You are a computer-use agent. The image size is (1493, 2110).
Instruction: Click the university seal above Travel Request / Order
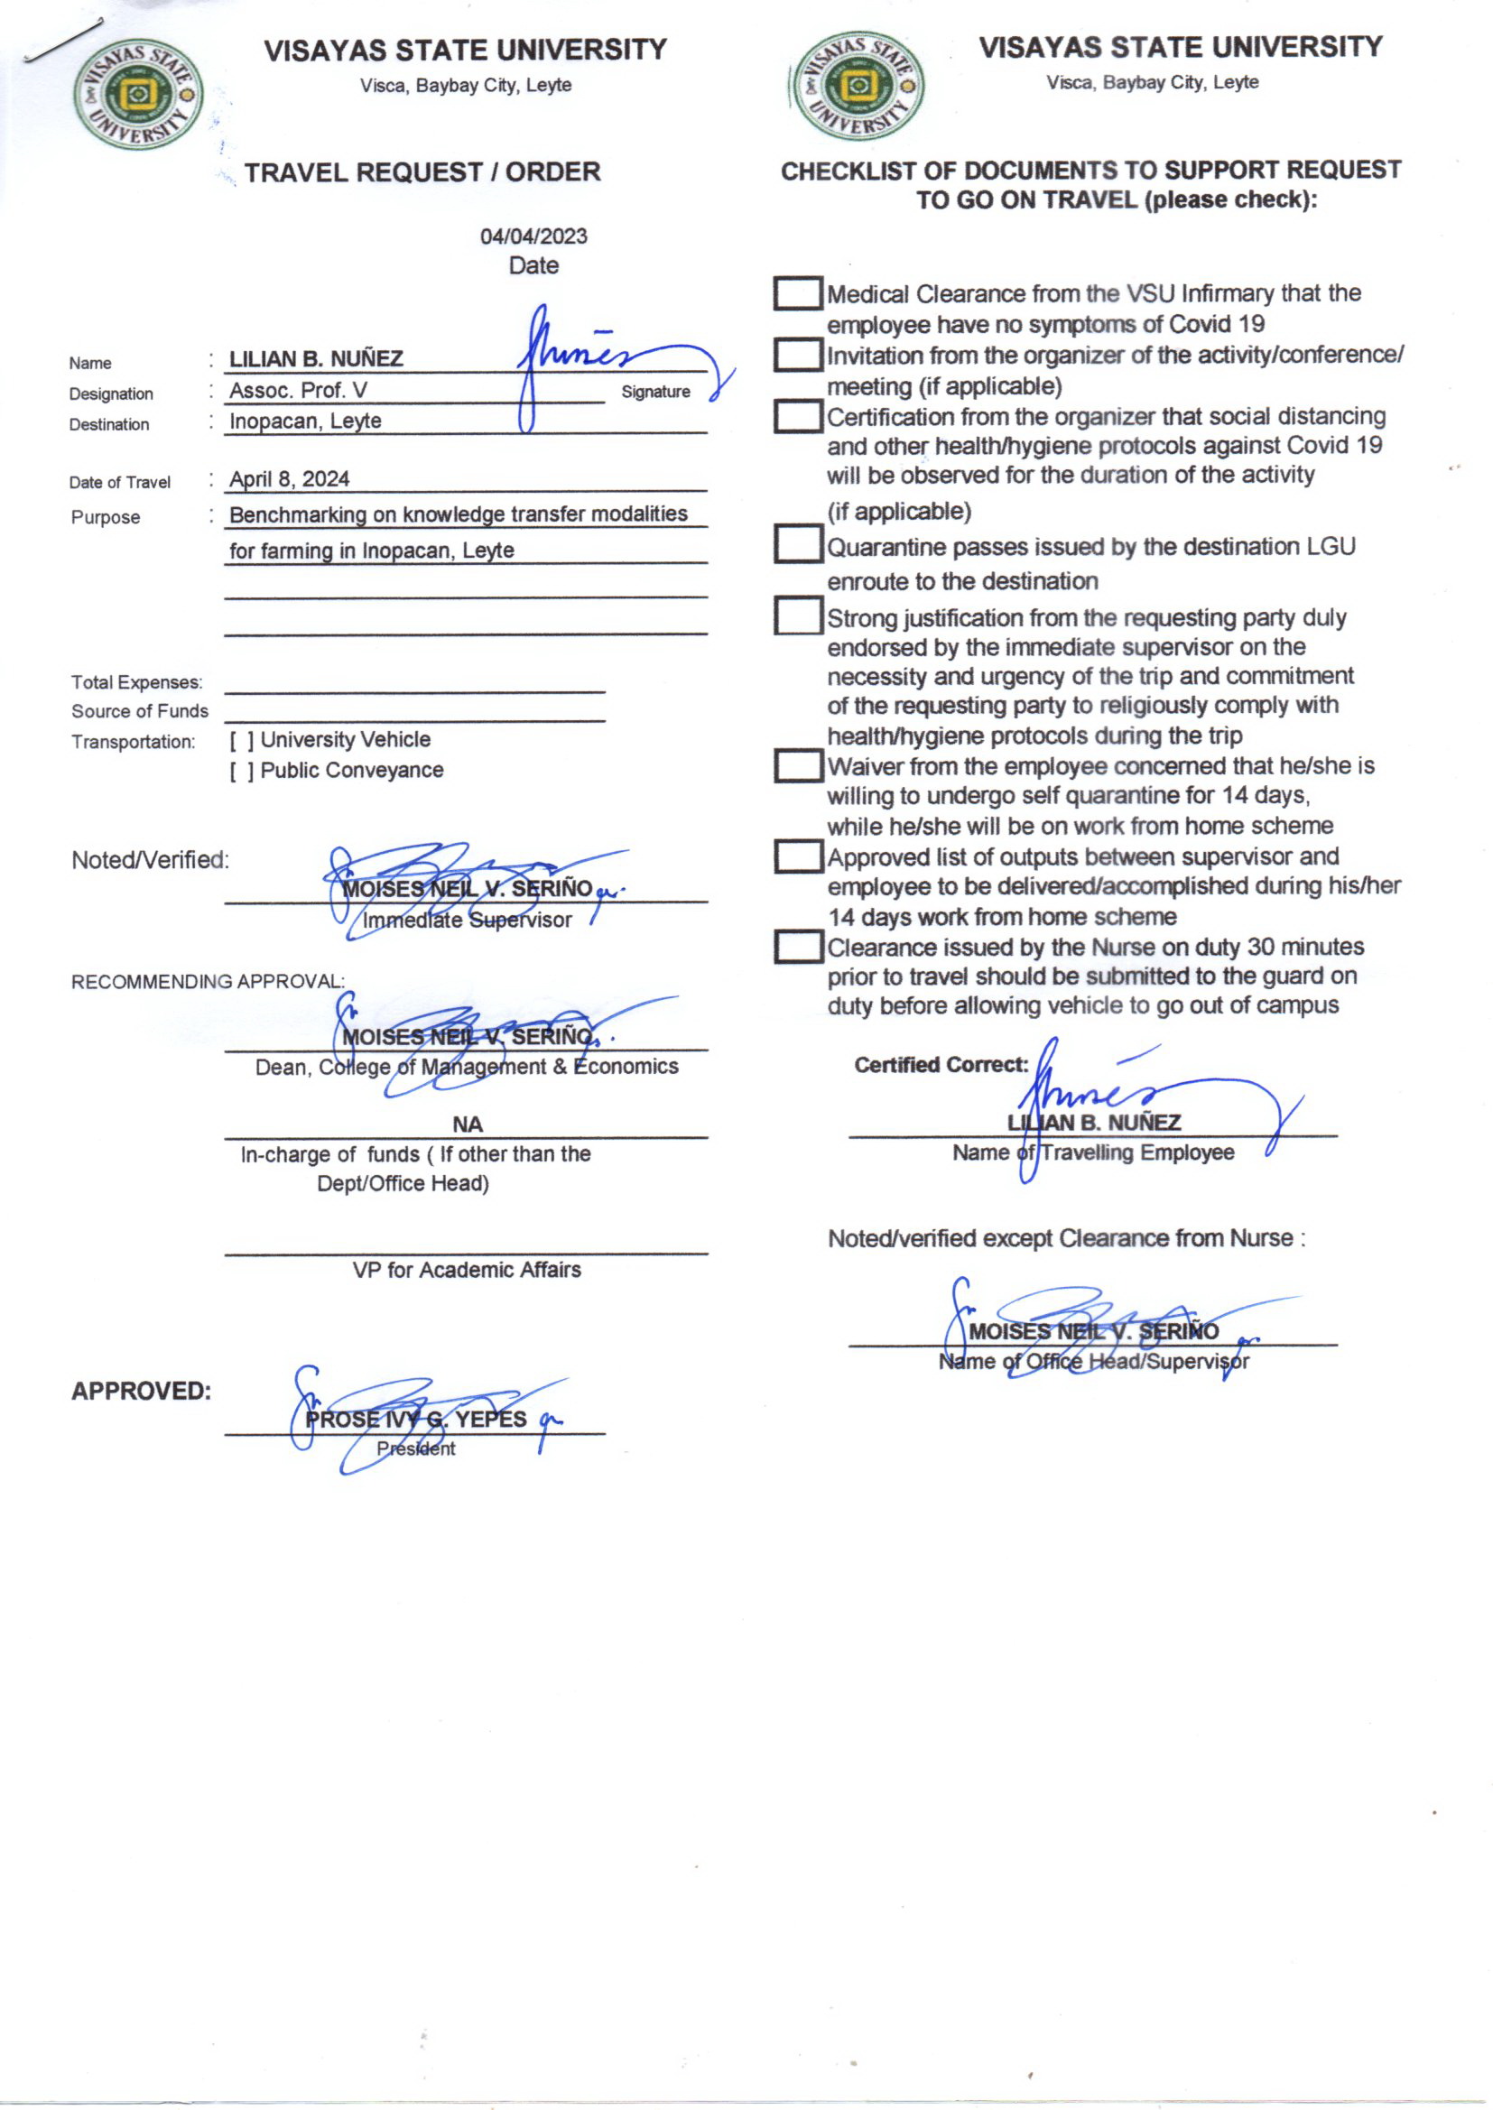tap(138, 94)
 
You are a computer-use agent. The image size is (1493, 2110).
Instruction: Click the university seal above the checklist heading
tap(858, 86)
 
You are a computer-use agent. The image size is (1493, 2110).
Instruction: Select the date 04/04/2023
tap(533, 236)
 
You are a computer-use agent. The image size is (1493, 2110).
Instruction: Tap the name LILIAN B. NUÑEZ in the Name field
tap(315, 358)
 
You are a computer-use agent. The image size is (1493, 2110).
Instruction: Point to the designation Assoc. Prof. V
tap(298, 391)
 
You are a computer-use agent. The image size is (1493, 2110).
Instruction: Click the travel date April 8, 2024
tap(290, 479)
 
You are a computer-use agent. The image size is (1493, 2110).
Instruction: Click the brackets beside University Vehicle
tap(242, 741)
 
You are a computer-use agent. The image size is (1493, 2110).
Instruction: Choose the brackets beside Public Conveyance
tap(242, 771)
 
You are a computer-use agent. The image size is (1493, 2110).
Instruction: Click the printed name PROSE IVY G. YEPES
tap(415, 1419)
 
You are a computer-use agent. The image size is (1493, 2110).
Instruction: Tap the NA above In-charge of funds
tap(467, 1124)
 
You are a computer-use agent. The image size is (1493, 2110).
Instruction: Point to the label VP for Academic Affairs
tap(466, 1269)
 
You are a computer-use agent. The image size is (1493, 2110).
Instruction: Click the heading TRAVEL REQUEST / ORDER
tap(422, 171)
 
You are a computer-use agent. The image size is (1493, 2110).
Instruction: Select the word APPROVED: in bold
tap(142, 1391)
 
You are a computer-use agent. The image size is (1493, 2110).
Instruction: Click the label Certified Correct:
tap(941, 1064)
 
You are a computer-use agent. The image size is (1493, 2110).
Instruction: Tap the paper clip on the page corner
tap(62, 42)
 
